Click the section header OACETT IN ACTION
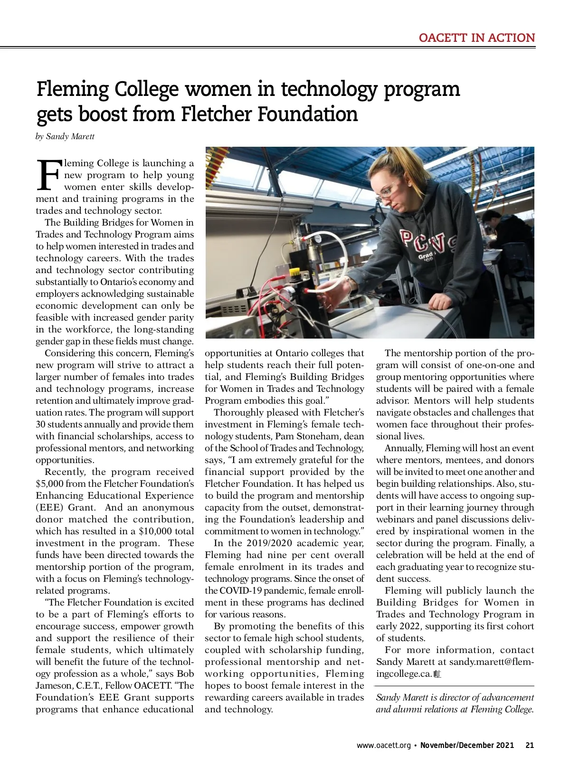(x=476, y=38)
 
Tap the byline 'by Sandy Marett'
(x=65, y=137)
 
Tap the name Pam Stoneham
(x=320, y=436)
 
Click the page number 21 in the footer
(x=530, y=745)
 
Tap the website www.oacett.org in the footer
(x=383, y=745)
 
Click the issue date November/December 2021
(x=467, y=745)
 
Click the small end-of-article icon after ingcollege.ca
(x=437, y=674)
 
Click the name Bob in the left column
(x=185, y=674)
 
